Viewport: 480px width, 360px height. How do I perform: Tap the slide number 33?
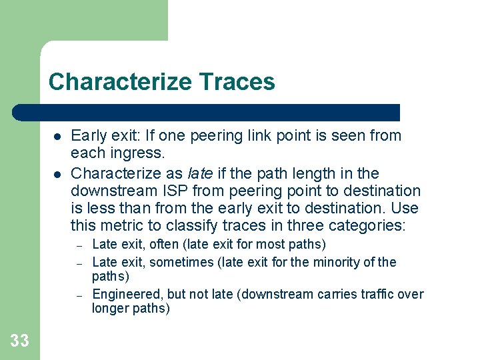(x=20, y=341)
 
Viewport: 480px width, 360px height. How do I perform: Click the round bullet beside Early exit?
(x=57, y=137)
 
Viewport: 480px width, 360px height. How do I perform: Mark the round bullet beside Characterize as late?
(x=57, y=174)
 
